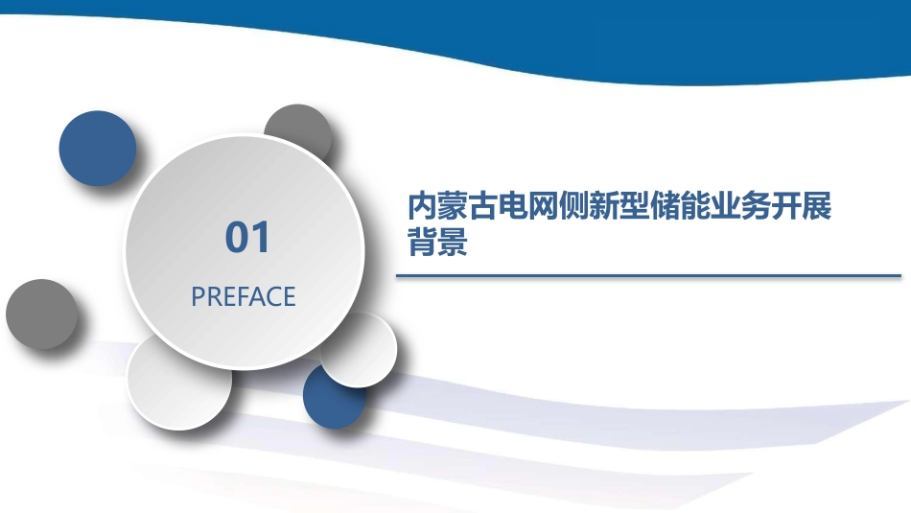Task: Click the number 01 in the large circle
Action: tap(247, 237)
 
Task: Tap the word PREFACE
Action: tap(244, 297)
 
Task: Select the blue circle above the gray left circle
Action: tap(98, 149)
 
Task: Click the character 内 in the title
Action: tap(422, 205)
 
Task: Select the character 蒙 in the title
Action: tap(452, 205)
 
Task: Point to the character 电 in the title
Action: tap(512, 205)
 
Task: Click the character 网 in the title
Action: tap(543, 205)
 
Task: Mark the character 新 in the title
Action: tap(603, 205)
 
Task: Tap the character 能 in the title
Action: tap(694, 205)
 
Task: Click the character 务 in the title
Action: tap(755, 205)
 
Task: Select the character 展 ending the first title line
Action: tap(816, 205)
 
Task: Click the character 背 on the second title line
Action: tap(422, 241)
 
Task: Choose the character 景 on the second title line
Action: tap(452, 241)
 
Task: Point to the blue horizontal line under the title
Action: tap(648, 276)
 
